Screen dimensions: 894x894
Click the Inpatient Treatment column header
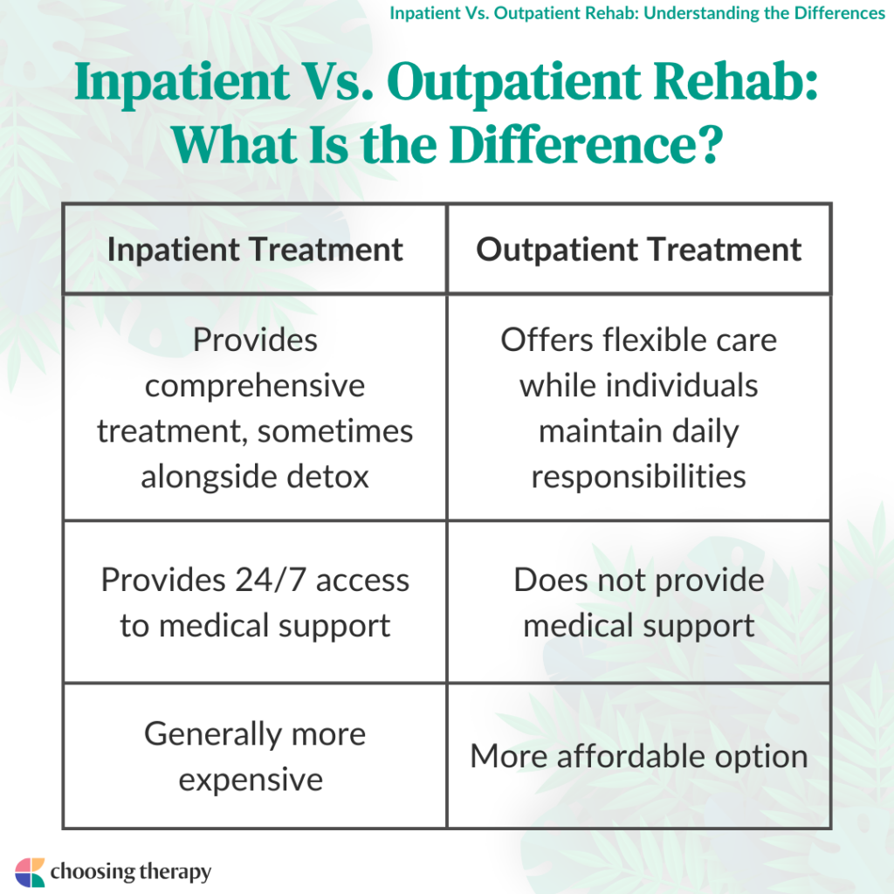tap(255, 250)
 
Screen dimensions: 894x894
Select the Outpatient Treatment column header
tap(639, 250)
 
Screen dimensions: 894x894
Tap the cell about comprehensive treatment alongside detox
tap(255, 408)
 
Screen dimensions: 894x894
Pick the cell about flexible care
tap(639, 408)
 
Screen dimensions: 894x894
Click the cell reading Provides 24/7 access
tap(255, 602)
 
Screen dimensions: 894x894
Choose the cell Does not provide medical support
tap(639, 602)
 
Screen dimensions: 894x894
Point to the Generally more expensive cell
tap(255, 756)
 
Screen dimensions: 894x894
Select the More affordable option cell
tap(639, 756)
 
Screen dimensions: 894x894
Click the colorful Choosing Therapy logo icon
tap(30, 872)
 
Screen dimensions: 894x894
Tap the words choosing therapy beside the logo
tap(131, 872)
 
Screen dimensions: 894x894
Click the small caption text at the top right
tap(637, 13)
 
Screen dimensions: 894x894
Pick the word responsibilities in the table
tap(639, 477)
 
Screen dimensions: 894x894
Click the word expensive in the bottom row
tap(251, 779)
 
